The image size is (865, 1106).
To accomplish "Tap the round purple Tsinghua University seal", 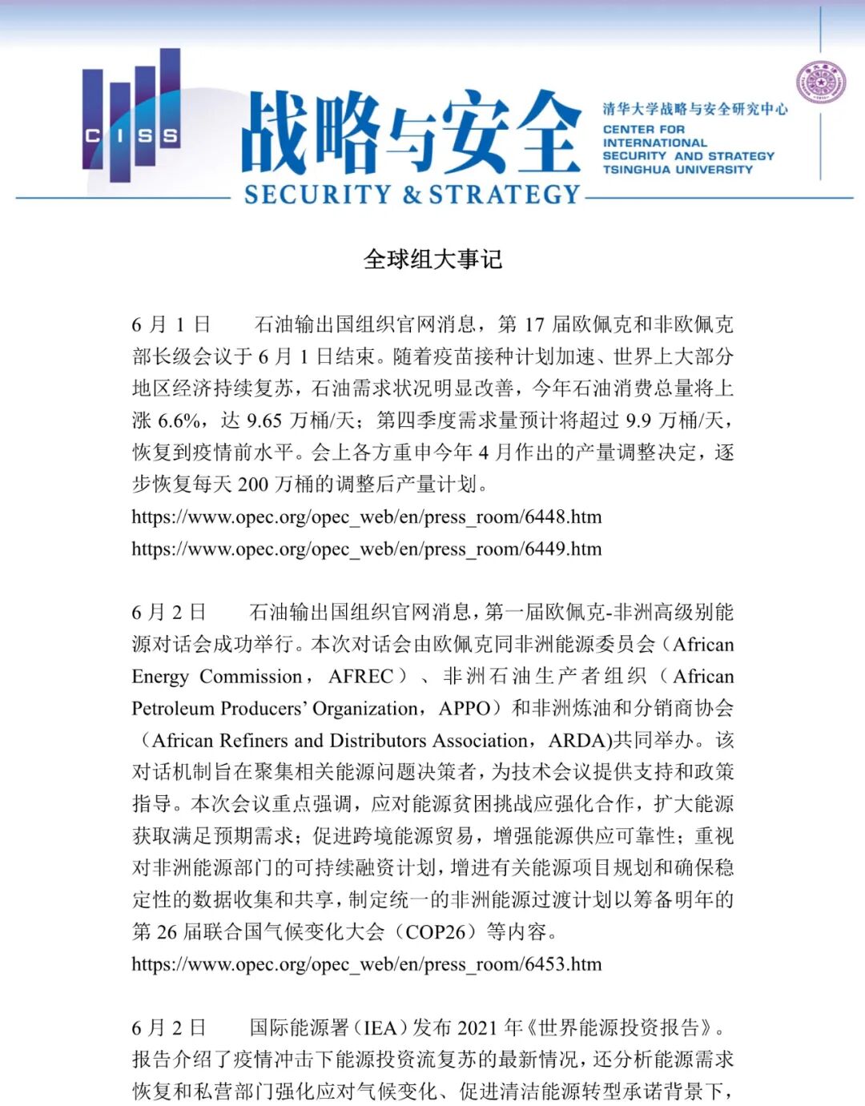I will (821, 84).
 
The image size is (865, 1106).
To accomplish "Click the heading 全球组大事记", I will (432, 259).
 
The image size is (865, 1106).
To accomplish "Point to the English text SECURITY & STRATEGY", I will (412, 195).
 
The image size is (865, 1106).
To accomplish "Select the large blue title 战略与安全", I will (411, 132).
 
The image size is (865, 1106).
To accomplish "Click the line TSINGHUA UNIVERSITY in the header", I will (678, 170).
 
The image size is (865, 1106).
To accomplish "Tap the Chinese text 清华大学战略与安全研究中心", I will (694, 109).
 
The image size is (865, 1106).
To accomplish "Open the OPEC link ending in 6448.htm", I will (366, 517).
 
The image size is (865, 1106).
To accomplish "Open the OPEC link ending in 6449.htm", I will (366, 549).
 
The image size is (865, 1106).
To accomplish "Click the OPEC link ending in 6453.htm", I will (366, 963).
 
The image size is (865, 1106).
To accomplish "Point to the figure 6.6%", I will (179, 420).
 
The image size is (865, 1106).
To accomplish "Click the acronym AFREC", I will (360, 676).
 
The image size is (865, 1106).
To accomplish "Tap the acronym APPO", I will (464, 708).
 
